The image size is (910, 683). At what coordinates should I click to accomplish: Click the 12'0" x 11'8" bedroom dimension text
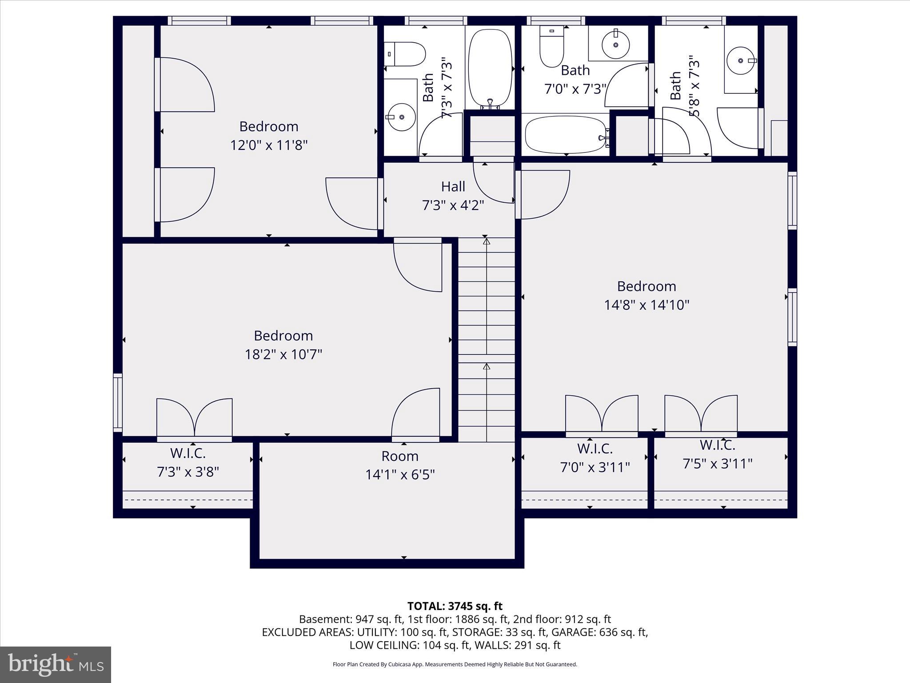point(269,145)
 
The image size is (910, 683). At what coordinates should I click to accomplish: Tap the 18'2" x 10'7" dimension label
point(283,354)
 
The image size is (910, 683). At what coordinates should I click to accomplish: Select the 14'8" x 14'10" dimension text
point(647,305)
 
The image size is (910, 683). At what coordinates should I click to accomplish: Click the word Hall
point(453,187)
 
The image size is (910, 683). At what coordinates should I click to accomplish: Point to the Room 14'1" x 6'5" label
point(400,466)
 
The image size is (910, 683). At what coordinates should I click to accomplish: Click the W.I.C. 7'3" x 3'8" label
point(188,462)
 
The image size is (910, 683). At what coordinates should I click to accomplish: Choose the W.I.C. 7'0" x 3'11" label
point(595,458)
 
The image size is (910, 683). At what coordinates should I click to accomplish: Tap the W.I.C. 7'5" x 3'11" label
point(717,454)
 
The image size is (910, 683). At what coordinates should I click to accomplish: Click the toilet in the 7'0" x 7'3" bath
point(551,47)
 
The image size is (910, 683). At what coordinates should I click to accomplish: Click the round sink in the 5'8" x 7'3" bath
point(741,61)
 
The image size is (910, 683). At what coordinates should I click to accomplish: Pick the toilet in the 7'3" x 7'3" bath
point(404,54)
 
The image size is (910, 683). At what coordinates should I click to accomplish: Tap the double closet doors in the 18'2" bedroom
point(195,418)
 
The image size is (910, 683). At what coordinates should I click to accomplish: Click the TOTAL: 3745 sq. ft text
point(455,606)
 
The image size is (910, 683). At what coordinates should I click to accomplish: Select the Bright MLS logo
point(56,664)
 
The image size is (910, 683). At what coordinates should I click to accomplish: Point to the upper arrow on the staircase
point(487,242)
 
